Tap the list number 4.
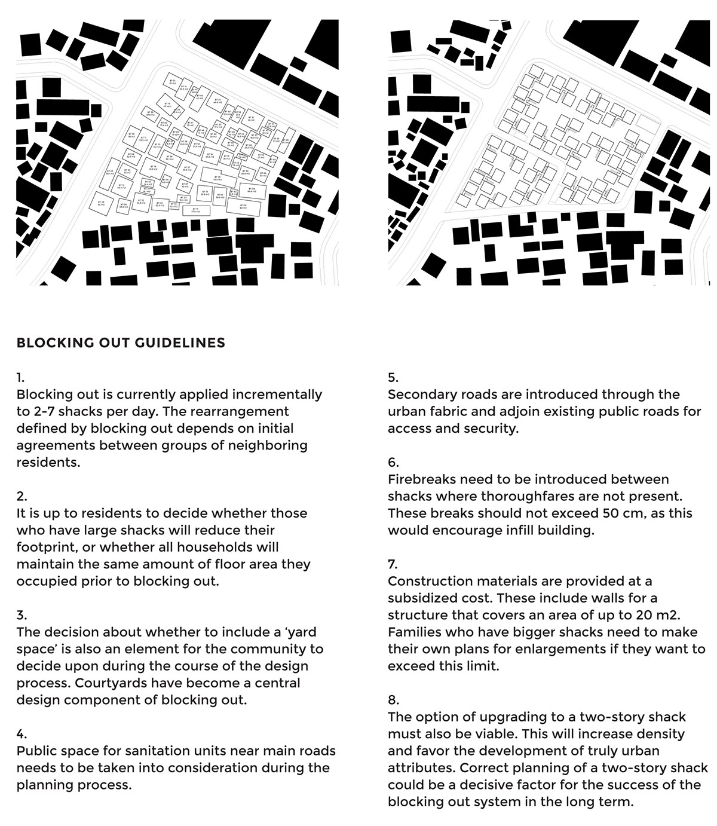pyautogui.click(x=22, y=734)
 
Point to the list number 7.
pyautogui.click(x=393, y=564)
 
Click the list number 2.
pyautogui.click(x=22, y=496)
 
